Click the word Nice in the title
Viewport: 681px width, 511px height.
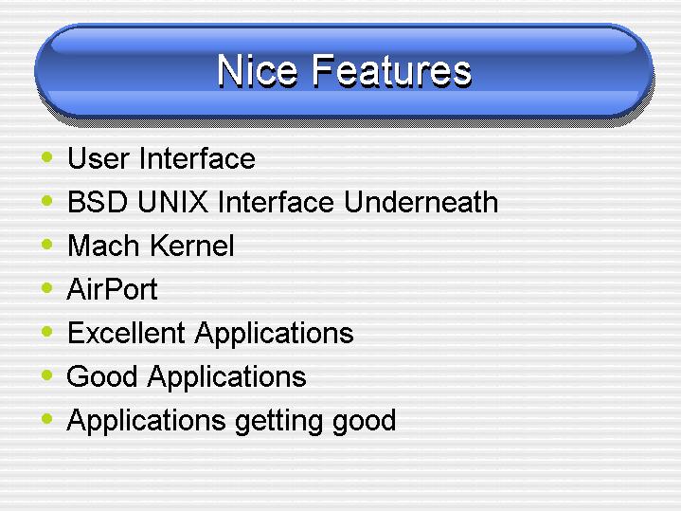(258, 71)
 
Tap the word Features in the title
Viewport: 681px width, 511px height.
(392, 71)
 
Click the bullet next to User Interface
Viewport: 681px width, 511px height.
(46, 156)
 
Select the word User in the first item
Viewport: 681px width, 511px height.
(99, 158)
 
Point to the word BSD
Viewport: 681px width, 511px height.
(98, 202)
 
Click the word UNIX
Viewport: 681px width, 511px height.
(172, 202)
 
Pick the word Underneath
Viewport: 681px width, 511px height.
(421, 202)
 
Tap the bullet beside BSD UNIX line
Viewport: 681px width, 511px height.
(46, 200)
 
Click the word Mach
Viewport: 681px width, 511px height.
(103, 246)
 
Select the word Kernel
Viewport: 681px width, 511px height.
(192, 246)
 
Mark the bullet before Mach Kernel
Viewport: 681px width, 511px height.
(46, 244)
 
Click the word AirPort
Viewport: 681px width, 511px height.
(112, 289)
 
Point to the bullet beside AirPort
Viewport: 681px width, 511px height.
(46, 287)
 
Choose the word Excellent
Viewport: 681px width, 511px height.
(126, 333)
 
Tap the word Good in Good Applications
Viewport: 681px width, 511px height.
(101, 376)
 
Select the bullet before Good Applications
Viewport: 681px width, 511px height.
(46, 374)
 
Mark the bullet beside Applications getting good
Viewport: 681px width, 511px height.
(46, 419)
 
